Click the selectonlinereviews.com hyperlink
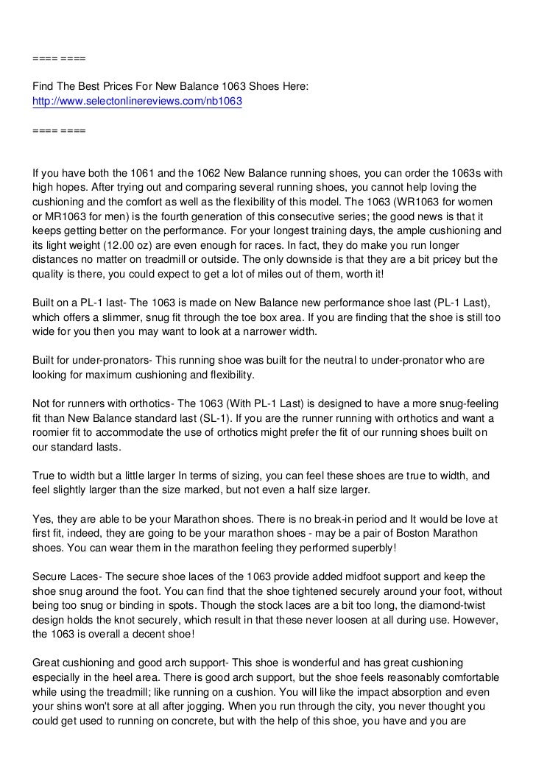click(x=137, y=101)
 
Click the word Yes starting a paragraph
click(x=42, y=518)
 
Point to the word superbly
click(x=348, y=546)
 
